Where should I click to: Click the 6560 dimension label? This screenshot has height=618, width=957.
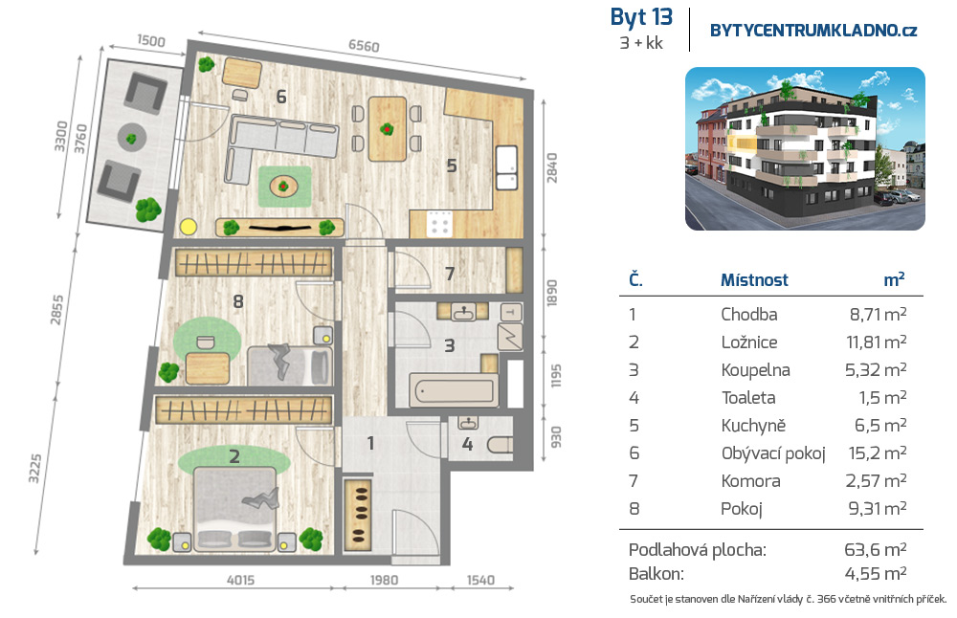pyautogui.click(x=364, y=46)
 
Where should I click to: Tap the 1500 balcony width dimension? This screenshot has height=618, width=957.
pyautogui.click(x=151, y=41)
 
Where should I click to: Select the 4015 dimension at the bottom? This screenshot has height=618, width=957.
pyautogui.click(x=240, y=580)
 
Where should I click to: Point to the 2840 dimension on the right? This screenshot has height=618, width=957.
pyautogui.click(x=552, y=167)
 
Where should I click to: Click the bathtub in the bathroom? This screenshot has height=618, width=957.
pyautogui.click(x=454, y=390)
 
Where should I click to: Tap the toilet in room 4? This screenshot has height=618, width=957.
pyautogui.click(x=500, y=445)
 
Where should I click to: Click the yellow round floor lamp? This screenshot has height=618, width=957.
pyautogui.click(x=189, y=227)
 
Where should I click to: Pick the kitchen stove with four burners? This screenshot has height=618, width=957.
pyautogui.click(x=439, y=223)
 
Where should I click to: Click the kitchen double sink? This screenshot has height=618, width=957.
pyautogui.click(x=506, y=167)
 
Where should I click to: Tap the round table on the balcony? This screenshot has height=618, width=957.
pyautogui.click(x=131, y=138)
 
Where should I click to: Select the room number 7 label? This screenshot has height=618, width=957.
pyautogui.click(x=450, y=274)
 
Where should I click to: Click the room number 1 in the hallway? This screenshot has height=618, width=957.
pyautogui.click(x=370, y=444)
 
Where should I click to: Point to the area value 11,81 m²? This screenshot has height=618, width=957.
pyautogui.click(x=876, y=342)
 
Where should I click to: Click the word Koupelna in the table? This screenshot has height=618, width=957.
pyautogui.click(x=755, y=369)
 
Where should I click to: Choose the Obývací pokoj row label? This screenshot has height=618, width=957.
pyautogui.click(x=772, y=453)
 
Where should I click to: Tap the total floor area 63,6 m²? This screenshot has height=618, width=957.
pyautogui.click(x=876, y=550)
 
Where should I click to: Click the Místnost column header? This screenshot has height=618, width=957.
pyautogui.click(x=754, y=280)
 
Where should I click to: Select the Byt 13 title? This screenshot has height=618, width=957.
pyautogui.click(x=641, y=17)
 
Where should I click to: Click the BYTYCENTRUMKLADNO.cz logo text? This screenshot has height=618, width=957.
pyautogui.click(x=813, y=31)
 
